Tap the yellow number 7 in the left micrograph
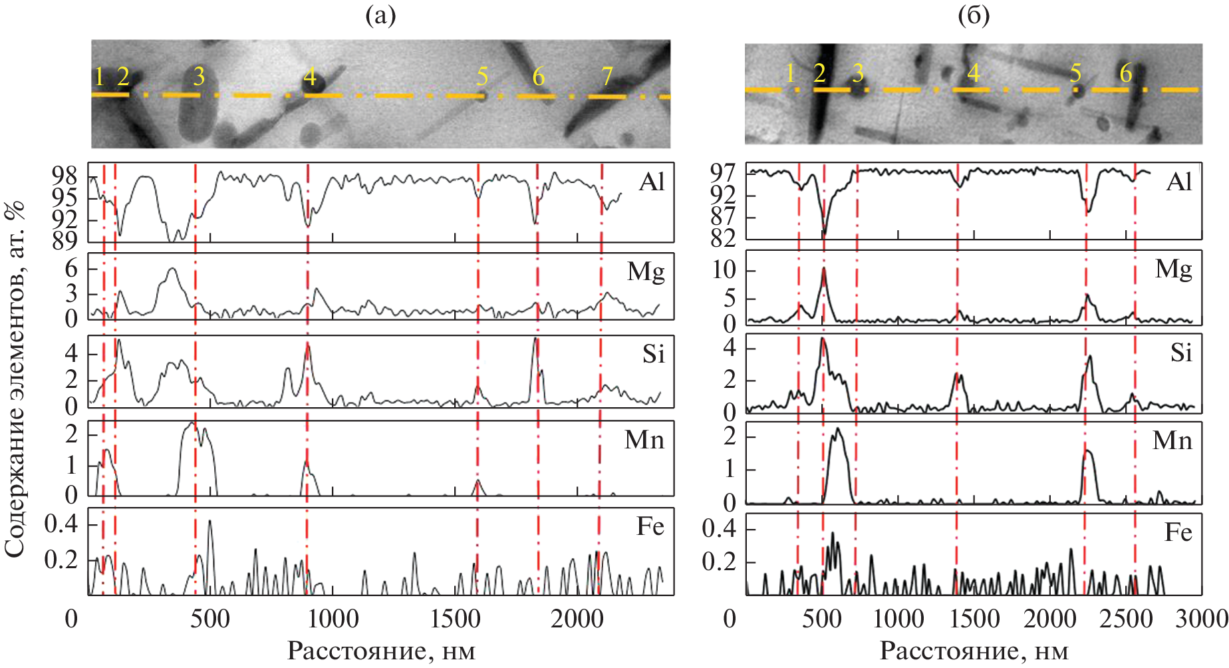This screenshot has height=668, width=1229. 607,77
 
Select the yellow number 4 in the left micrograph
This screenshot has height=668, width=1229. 310,77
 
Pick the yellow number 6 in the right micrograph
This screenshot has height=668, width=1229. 1125,73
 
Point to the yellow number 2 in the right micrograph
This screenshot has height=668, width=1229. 819,73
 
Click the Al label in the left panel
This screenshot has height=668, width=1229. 652,182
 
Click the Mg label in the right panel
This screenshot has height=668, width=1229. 1173,269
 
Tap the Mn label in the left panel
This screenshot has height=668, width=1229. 644,440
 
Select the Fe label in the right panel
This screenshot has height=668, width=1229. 1178,532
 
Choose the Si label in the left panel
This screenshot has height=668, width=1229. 653,353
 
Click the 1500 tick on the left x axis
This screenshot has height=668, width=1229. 455,619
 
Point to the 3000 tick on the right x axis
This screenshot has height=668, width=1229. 1201,619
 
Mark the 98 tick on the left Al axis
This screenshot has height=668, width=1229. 65,176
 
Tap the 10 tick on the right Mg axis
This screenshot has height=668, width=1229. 724,270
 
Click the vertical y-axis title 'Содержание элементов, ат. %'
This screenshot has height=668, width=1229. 15,379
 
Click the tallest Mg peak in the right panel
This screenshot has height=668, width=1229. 824,269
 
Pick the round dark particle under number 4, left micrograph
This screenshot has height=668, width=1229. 315,83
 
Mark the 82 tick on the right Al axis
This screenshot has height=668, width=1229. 723,238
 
